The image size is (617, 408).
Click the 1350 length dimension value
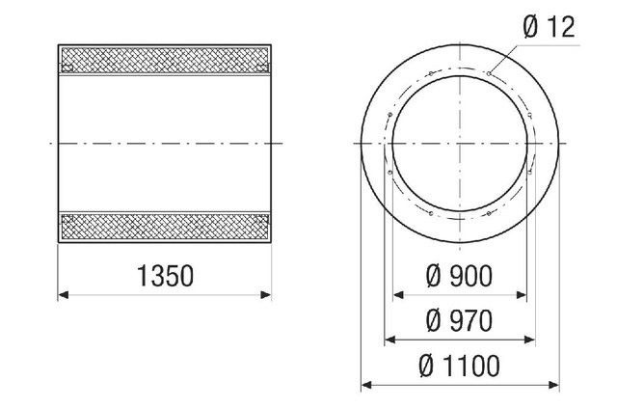[x=165, y=277]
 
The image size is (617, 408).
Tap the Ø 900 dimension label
[x=459, y=278]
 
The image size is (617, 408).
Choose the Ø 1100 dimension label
[x=459, y=366]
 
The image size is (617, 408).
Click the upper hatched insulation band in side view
[x=165, y=59]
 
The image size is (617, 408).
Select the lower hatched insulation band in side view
[x=165, y=227]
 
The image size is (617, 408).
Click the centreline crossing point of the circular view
[x=459, y=143]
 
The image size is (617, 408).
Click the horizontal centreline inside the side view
[x=165, y=143]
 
